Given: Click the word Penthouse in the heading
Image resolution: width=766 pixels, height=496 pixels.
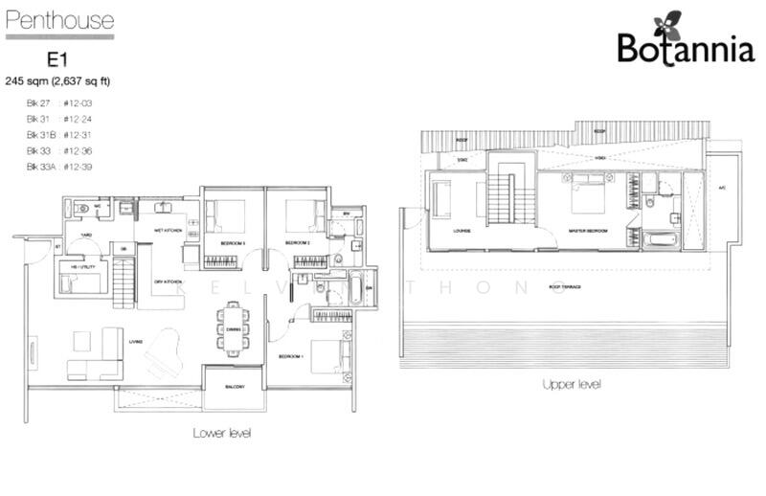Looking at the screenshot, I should click(x=59, y=20).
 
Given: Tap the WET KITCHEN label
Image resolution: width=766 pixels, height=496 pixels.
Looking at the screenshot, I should click(x=169, y=231).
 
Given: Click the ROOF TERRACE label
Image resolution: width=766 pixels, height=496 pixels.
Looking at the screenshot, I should click(x=567, y=286).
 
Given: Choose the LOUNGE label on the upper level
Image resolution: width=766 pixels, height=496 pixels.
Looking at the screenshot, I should click(x=441, y=231).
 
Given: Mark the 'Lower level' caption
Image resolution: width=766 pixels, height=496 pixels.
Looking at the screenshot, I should click(x=222, y=433).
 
